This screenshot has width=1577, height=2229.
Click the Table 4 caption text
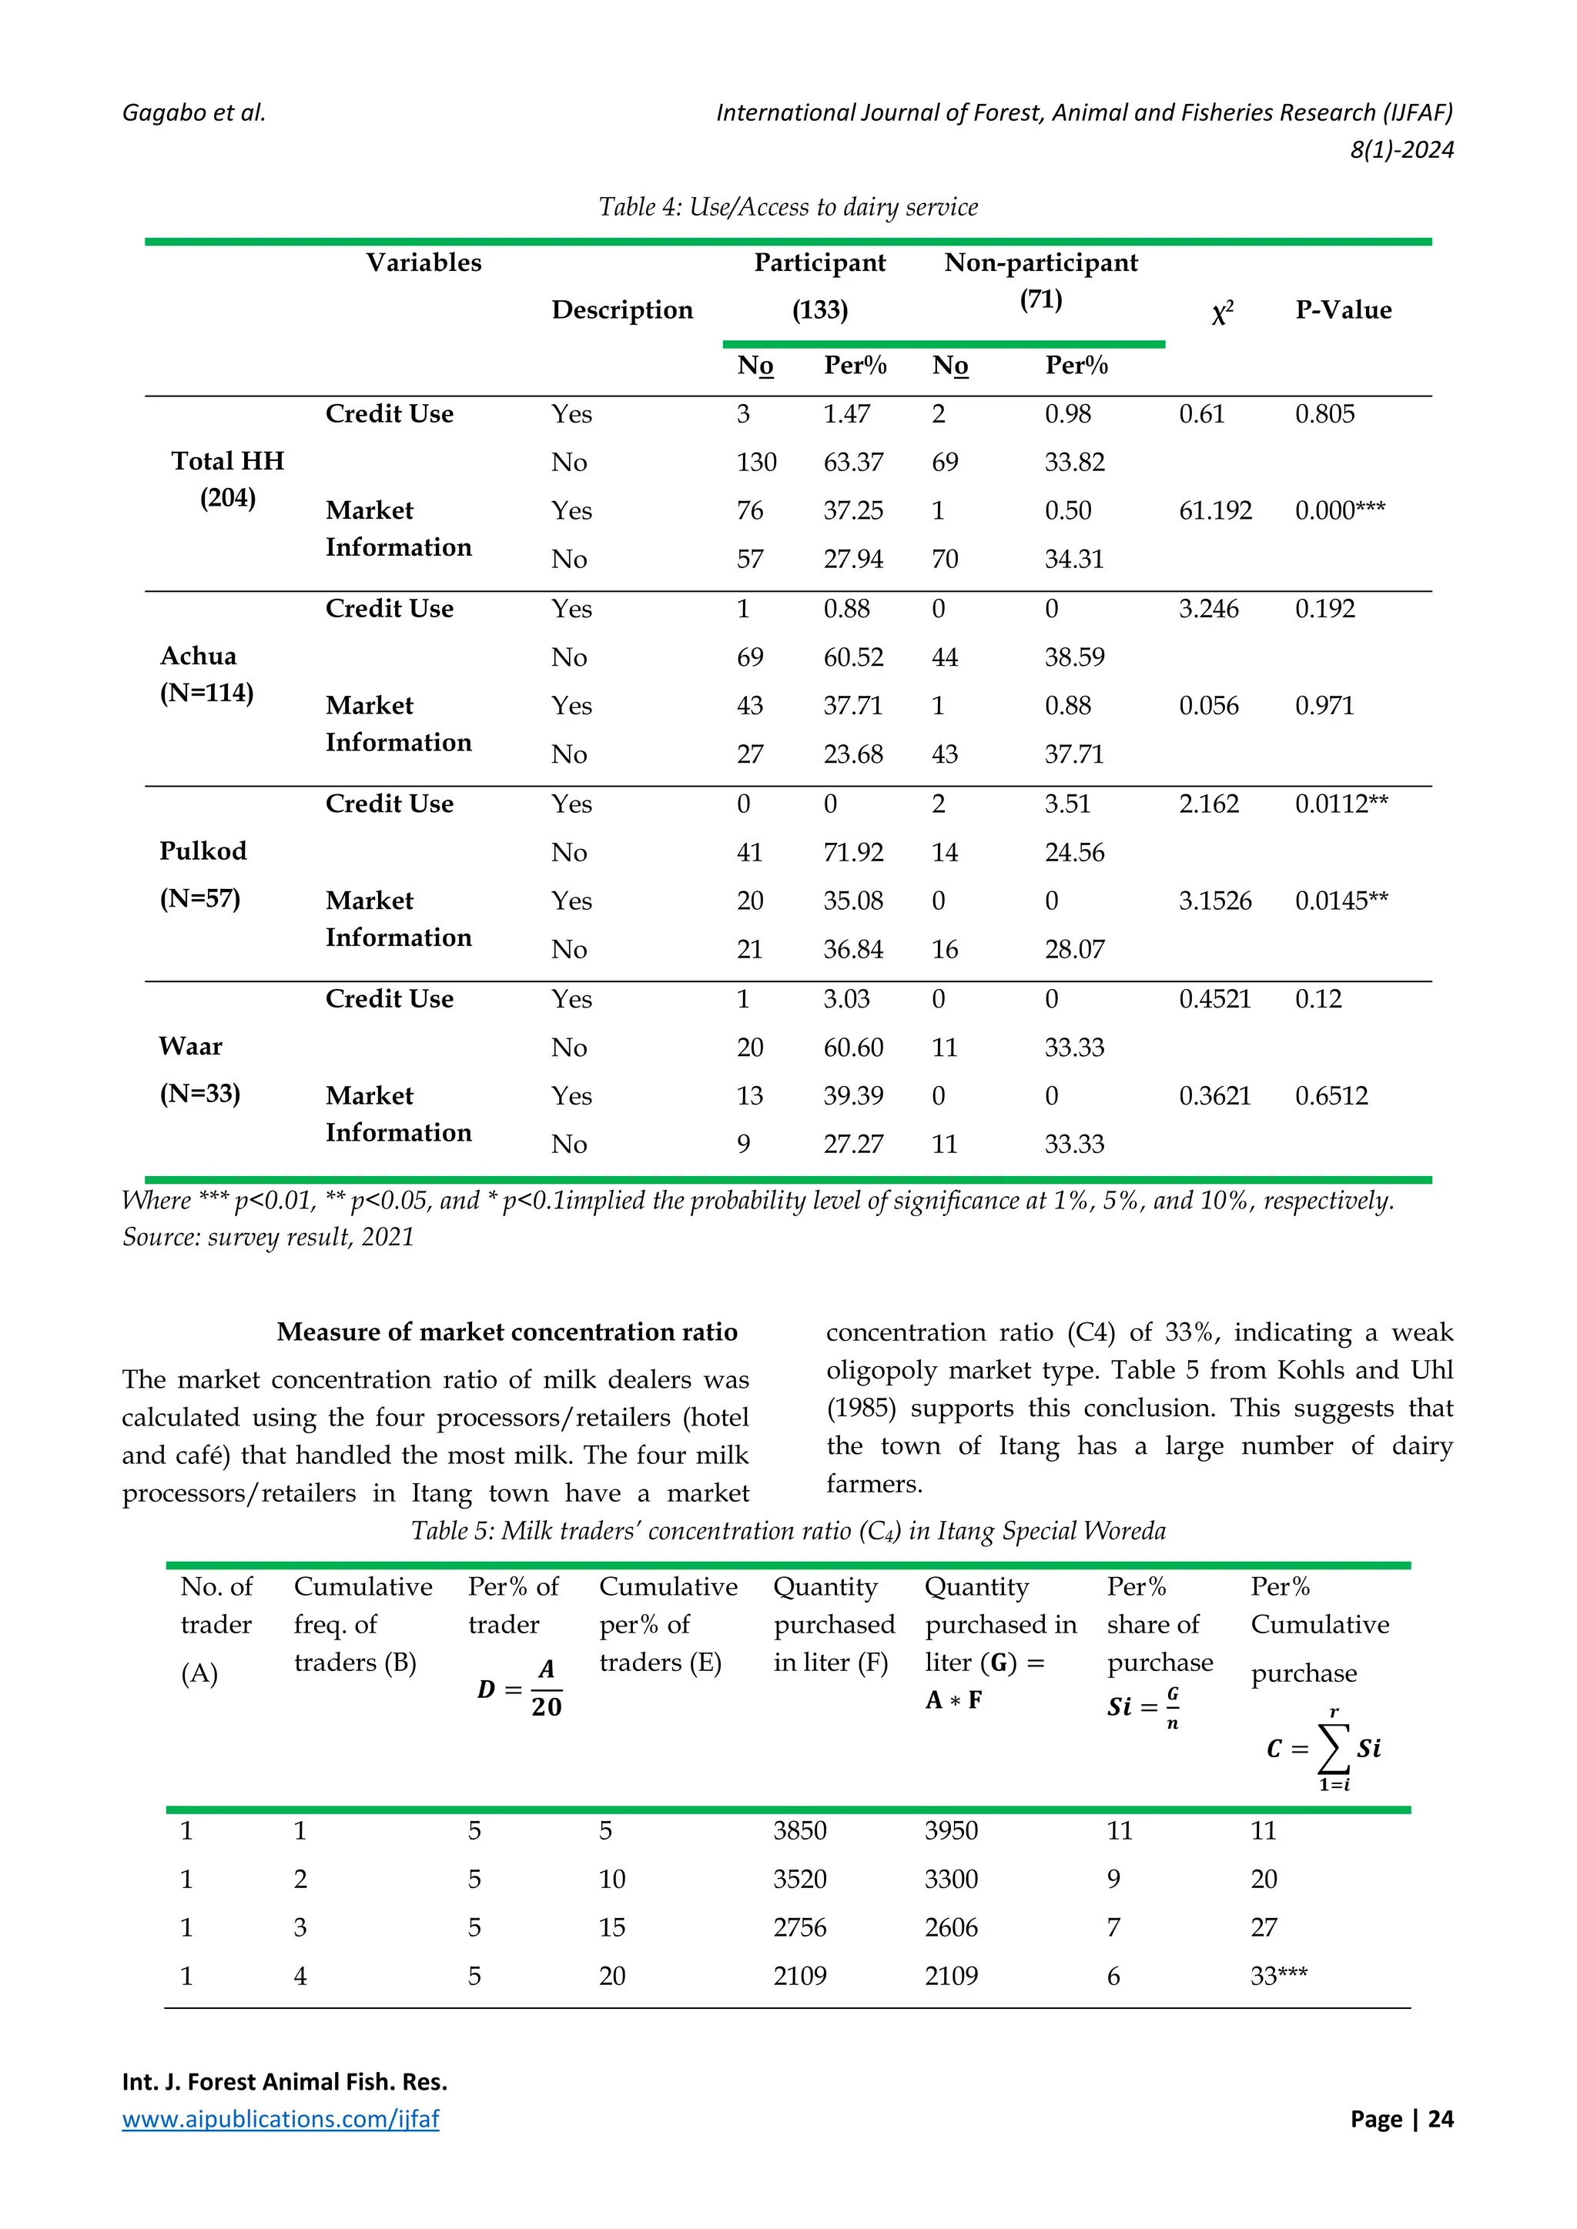coord(788,207)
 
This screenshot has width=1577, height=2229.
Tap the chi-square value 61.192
coord(1215,510)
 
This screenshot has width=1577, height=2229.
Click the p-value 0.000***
coord(1340,510)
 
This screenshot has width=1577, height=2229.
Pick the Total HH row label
coord(227,461)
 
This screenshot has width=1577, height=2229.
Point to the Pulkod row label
coord(203,851)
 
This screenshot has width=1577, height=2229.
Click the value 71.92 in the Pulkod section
coord(853,852)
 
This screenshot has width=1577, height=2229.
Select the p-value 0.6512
coord(1331,1096)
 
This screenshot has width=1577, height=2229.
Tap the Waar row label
coord(190,1047)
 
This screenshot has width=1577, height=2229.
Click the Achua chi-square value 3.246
coord(1209,609)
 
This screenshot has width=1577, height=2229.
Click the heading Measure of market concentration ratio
coord(507,1332)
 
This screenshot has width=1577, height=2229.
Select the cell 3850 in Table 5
coord(799,1831)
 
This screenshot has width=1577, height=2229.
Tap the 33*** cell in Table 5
coord(1279,1977)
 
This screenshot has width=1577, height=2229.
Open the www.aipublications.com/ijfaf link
coord(280,2119)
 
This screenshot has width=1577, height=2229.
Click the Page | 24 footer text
coord(1401,2119)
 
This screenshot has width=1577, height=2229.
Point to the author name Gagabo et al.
coord(194,112)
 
